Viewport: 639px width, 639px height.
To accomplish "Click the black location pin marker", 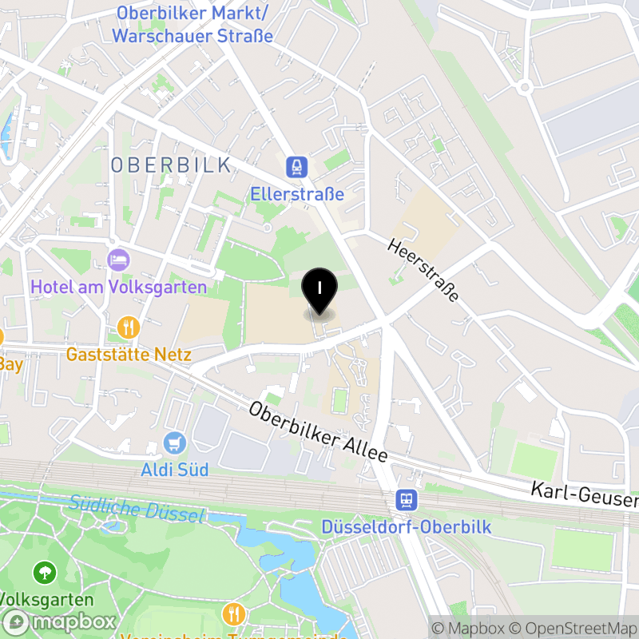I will coord(319,290).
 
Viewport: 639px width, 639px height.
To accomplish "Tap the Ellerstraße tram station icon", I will coord(297,167).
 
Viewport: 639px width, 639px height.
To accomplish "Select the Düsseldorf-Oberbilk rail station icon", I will coord(407,501).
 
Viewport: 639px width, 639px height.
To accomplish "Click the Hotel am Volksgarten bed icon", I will coord(119,260).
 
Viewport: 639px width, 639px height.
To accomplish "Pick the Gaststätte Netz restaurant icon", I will coord(129,327).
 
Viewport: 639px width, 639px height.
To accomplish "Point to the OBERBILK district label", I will coord(171,165).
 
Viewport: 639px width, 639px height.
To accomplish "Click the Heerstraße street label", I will coord(423,268).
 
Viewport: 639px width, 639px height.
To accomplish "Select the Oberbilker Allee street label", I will coord(317,432).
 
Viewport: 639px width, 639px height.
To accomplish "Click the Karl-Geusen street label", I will coord(585,494).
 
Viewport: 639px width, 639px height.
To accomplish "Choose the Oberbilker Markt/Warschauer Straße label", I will coord(192,25).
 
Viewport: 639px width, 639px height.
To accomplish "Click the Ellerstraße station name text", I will coord(297,194).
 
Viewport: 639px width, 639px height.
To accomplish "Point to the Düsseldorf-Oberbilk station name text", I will coord(407,527).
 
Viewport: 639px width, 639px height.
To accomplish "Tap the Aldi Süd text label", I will coord(175,469).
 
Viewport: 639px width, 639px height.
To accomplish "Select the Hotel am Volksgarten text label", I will coord(119,287).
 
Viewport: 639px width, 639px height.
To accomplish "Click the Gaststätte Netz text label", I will coord(129,354).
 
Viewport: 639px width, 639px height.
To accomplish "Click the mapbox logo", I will coord(60,621).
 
